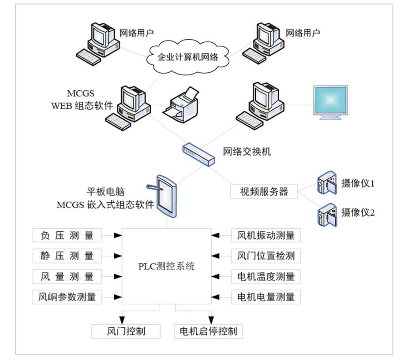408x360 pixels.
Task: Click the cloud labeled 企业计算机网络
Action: click(x=188, y=57)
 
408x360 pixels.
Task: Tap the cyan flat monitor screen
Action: click(x=330, y=100)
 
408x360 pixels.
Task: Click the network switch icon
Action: click(x=198, y=154)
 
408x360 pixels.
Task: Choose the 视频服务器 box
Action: click(x=264, y=192)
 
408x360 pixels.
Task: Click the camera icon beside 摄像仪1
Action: click(x=327, y=182)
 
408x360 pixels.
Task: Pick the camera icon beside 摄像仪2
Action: click(x=327, y=215)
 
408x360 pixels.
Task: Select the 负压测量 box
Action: click(x=67, y=235)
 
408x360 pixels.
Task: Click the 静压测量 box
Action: click(x=67, y=256)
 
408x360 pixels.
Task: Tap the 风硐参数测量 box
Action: click(x=67, y=297)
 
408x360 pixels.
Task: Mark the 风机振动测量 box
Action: click(x=266, y=235)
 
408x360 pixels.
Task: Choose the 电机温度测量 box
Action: click(x=266, y=276)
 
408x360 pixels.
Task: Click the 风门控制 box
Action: click(x=126, y=331)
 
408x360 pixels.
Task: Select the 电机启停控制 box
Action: click(x=209, y=331)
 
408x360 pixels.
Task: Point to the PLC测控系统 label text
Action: click(x=167, y=267)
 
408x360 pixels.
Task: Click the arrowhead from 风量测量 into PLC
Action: click(x=118, y=276)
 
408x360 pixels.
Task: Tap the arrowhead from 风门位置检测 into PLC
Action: click(x=215, y=256)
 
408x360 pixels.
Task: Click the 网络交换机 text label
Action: click(x=247, y=152)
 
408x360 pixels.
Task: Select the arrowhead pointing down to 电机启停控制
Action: click(x=211, y=320)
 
